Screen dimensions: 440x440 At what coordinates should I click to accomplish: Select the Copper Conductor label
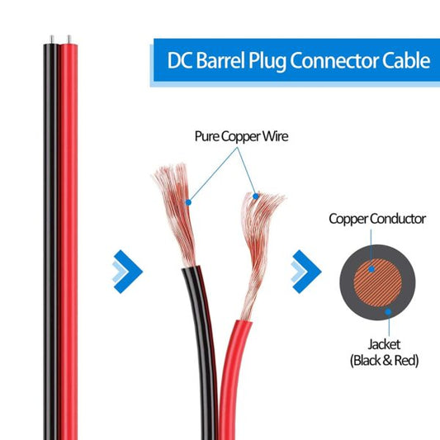point(377,219)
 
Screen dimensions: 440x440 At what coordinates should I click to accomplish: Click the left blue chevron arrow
point(127,269)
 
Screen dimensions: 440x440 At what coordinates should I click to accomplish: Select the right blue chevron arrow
point(306,269)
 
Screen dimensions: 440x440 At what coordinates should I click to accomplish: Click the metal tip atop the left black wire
point(52,39)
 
